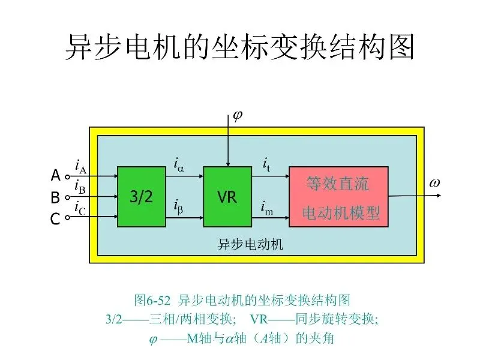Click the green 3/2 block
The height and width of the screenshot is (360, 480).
tap(141, 197)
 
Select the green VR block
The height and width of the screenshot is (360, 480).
tap(227, 197)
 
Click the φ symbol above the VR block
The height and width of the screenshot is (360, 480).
tap(237, 115)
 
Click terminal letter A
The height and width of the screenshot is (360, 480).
tap(55, 176)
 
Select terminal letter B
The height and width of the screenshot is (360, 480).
tap(55, 197)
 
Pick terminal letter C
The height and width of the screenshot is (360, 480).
tap(55, 219)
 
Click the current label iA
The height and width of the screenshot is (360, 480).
tap(80, 166)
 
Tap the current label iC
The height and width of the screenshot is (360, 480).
tap(79, 208)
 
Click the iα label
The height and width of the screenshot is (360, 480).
tap(179, 164)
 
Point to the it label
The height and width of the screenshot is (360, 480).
tap(266, 164)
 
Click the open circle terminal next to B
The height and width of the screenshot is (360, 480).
tap(67, 197)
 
